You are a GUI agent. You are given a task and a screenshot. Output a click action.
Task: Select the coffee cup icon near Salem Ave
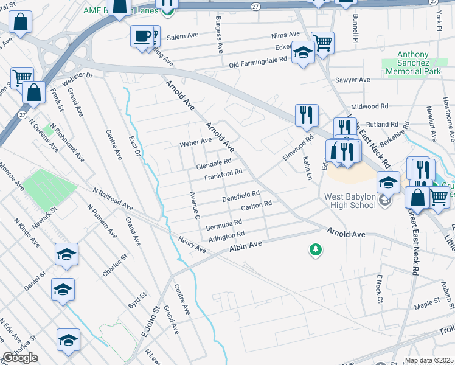click(x=142, y=36)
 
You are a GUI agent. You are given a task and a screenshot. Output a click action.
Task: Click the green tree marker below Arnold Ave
click(x=315, y=249)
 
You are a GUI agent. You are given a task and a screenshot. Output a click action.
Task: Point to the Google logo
click(x=20, y=358)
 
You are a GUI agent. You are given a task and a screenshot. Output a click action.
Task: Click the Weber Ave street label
click(x=195, y=142)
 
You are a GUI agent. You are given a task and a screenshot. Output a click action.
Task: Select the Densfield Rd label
click(x=241, y=196)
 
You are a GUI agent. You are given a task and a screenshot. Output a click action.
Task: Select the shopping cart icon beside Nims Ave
click(x=323, y=42)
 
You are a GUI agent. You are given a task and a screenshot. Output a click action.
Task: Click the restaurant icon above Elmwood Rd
click(x=306, y=114)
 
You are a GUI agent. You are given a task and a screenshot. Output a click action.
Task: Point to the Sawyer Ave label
click(x=353, y=80)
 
